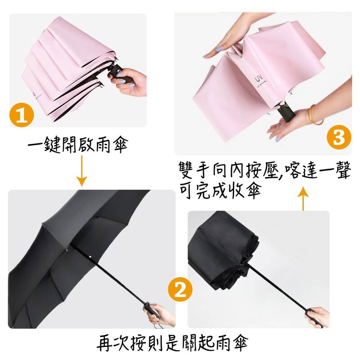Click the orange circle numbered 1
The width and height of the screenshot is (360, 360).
click(22, 115)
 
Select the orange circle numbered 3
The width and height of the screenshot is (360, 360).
click(339, 137)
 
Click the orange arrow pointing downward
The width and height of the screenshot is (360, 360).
click(82, 171)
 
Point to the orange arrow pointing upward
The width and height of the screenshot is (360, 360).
click(303, 199)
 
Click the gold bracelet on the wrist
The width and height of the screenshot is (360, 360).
click(314, 115)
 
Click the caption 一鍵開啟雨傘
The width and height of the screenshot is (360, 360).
click(78, 145)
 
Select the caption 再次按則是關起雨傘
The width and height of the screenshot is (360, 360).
click(173, 343)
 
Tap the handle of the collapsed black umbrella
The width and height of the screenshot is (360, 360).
click(314, 317)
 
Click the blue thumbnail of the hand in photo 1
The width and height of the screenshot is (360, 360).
click(118, 74)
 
